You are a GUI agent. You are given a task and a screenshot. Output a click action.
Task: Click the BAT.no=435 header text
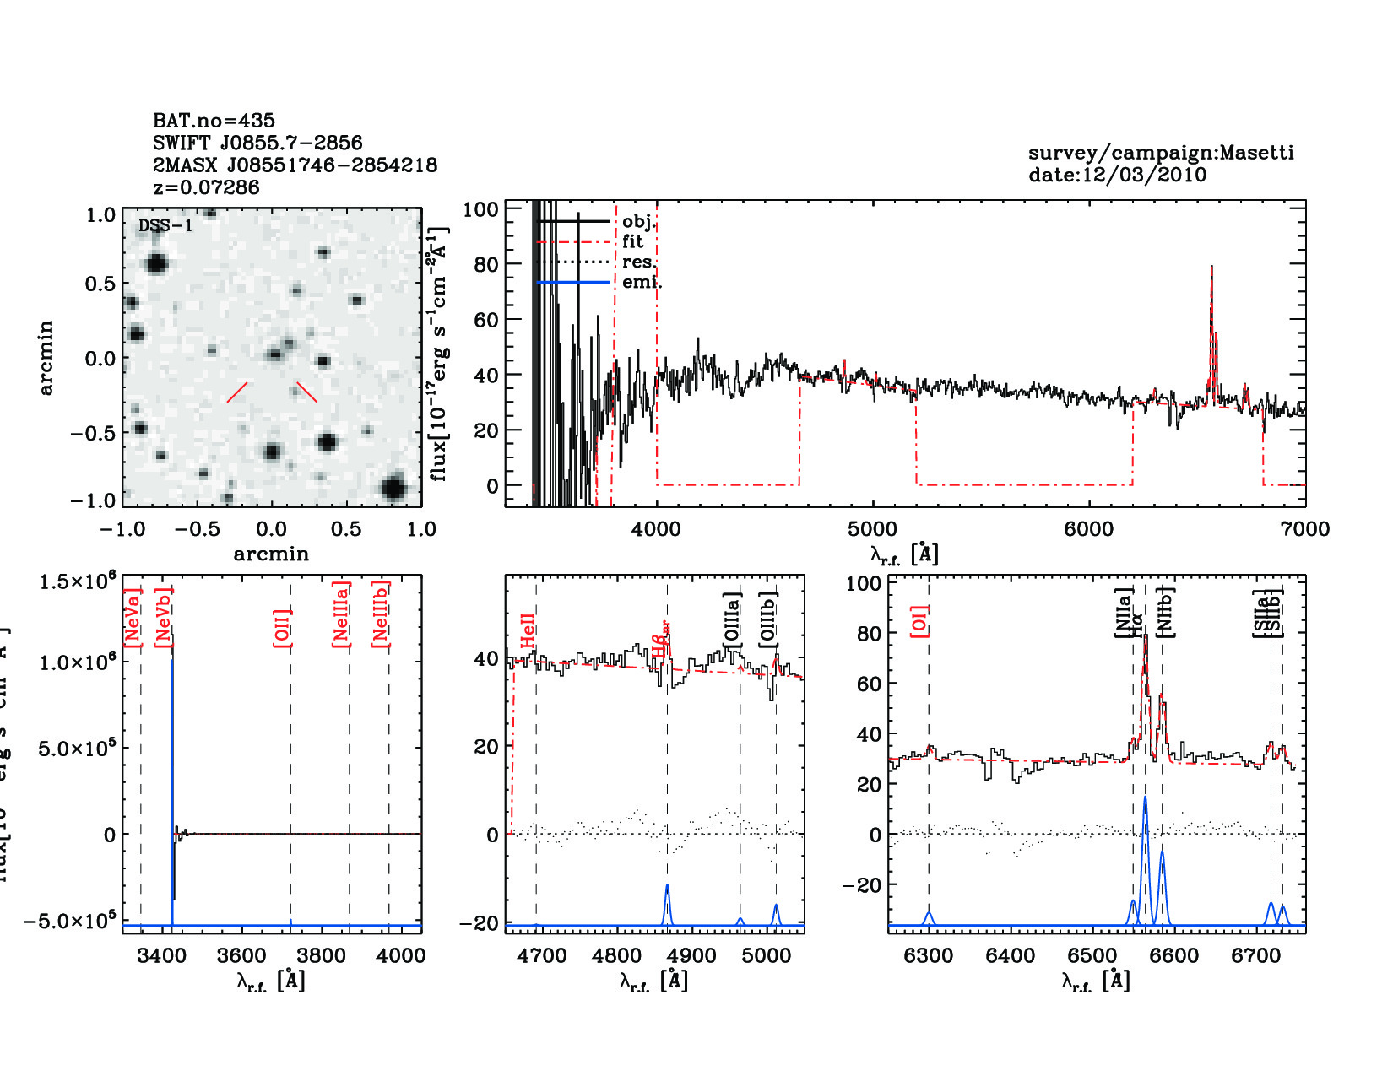(x=214, y=121)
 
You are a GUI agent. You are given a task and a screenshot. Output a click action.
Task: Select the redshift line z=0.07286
(x=206, y=187)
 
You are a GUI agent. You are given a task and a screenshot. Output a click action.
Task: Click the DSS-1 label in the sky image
(x=165, y=225)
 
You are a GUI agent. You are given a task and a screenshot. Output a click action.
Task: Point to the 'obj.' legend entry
(x=637, y=221)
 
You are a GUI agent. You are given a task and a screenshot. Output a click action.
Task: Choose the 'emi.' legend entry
(x=641, y=282)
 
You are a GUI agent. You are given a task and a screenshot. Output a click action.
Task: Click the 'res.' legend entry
(x=637, y=262)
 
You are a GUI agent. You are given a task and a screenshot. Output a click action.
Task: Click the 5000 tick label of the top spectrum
(x=872, y=529)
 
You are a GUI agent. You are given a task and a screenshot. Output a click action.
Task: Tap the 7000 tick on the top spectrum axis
(x=1304, y=529)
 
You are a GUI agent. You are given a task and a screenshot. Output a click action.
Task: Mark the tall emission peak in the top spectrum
(x=1211, y=268)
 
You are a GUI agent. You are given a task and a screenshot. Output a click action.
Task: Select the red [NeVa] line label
(x=133, y=618)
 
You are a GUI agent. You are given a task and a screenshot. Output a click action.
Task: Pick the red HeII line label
(x=528, y=631)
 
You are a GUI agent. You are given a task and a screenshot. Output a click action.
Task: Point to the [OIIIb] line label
(x=767, y=619)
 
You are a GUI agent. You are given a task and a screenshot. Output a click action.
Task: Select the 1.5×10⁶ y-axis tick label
(x=77, y=581)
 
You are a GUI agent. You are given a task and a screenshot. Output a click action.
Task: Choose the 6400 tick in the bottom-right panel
(x=1011, y=956)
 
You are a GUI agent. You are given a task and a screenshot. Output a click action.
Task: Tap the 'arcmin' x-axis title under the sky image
(x=271, y=554)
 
